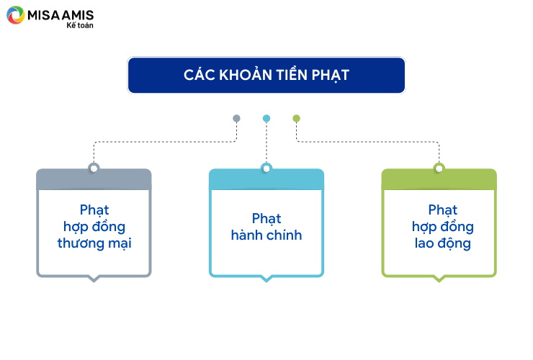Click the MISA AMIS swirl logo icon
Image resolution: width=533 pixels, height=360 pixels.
pyautogui.click(x=16, y=15)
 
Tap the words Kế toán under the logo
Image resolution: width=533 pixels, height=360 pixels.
pyautogui.click(x=80, y=25)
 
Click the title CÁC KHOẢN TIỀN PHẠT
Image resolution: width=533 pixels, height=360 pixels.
pyautogui.click(x=266, y=75)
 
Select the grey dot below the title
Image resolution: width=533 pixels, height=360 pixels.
pyautogui.click(x=236, y=118)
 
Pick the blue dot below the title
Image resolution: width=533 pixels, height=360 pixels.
pyautogui.click(x=266, y=118)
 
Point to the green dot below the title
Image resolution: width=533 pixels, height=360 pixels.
pyautogui.click(x=297, y=118)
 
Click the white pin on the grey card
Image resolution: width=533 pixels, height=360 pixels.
pyautogui.click(x=94, y=168)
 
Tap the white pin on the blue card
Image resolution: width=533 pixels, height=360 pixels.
pyautogui.click(x=266, y=168)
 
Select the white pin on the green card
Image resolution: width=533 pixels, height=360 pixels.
pyautogui.click(x=439, y=168)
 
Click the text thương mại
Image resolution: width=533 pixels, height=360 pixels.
pyautogui.click(x=94, y=243)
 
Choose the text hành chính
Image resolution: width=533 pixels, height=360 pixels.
pyautogui.click(x=266, y=235)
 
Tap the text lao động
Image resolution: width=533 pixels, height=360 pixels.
pyautogui.click(x=442, y=243)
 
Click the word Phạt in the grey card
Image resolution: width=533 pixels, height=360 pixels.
pyautogui.click(x=94, y=210)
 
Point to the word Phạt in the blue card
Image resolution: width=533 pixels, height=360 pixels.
pyautogui.click(x=266, y=219)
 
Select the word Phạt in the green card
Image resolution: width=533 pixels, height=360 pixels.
pyautogui.click(x=442, y=210)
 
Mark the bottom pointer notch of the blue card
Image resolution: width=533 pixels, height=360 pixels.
pyautogui.click(x=266, y=279)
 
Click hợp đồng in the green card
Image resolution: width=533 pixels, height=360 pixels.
pyautogui.click(x=442, y=227)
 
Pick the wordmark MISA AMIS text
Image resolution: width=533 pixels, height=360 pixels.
pyautogui.click(x=61, y=15)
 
